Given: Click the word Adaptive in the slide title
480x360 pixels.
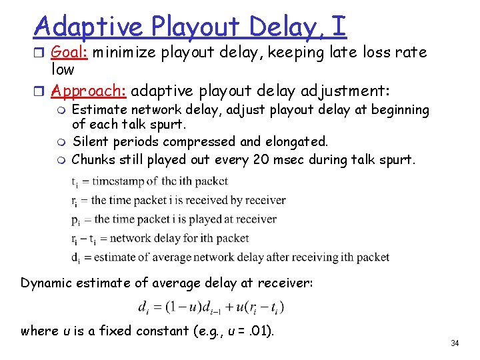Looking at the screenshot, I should (88, 27).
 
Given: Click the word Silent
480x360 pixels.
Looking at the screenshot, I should (89, 141).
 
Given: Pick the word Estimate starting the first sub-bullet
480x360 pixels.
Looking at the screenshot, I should (99, 109).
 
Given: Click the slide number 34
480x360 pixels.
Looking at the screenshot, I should (455, 343).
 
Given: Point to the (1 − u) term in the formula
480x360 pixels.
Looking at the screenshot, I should (174, 307).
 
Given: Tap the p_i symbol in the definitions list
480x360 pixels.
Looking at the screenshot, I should (75, 219).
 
